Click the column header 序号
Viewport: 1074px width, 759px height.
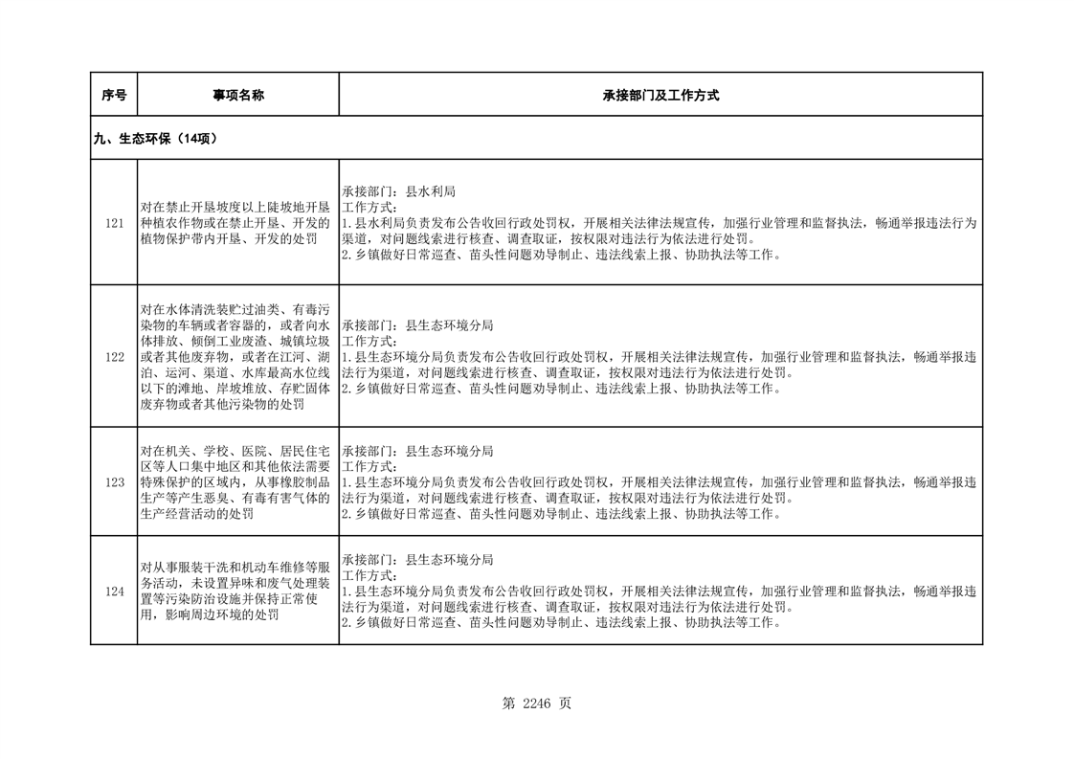point(114,95)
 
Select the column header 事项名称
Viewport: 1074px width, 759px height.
point(237,95)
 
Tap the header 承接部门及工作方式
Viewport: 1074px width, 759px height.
point(660,95)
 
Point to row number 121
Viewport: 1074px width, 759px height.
point(114,223)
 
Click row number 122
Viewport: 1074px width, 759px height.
point(114,356)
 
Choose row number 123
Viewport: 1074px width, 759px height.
point(114,482)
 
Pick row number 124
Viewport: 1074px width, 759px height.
point(114,592)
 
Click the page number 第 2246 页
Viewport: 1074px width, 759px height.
point(536,703)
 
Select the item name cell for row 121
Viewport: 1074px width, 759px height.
point(237,223)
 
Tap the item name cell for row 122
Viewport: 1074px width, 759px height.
point(237,356)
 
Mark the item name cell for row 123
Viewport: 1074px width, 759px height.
point(237,482)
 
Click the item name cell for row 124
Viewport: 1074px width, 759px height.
point(237,592)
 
